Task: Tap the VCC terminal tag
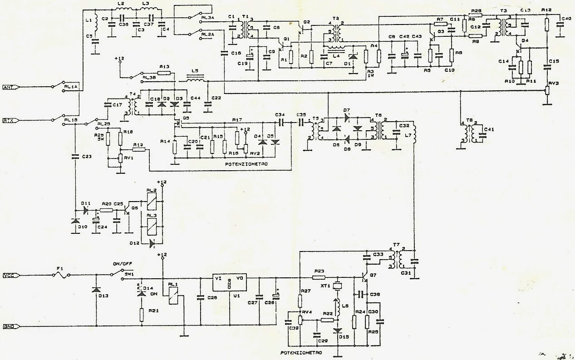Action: (x=9, y=275)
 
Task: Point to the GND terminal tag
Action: (x=9, y=326)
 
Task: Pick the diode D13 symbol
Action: (x=96, y=289)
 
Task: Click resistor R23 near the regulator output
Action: (x=319, y=277)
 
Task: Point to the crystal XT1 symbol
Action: (x=337, y=286)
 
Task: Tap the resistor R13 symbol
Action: (x=165, y=73)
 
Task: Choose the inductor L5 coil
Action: (x=196, y=81)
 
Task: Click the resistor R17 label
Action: (x=236, y=119)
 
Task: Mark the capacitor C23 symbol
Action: (x=75, y=156)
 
